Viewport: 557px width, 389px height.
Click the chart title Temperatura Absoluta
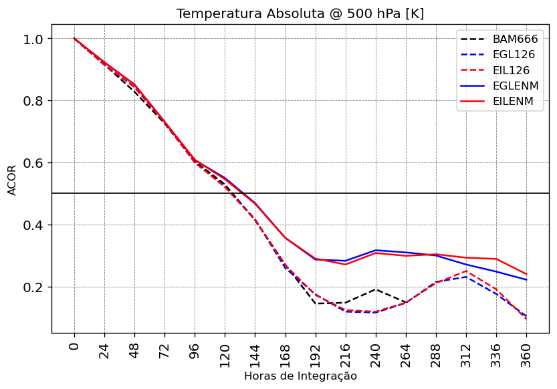[x=300, y=14]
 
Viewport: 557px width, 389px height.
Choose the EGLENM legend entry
[x=515, y=86]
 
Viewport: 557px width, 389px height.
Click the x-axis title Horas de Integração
[x=300, y=376]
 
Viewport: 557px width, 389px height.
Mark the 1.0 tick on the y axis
[x=33, y=39]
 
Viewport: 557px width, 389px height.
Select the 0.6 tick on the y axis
[x=33, y=163]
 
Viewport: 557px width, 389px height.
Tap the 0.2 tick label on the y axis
[x=33, y=287]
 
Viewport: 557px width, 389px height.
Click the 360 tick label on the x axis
[x=526, y=352]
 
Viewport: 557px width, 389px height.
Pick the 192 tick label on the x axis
[x=316, y=352]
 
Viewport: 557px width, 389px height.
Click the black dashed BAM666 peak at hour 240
[x=376, y=289]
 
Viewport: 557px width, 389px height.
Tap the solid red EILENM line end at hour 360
[x=526, y=274]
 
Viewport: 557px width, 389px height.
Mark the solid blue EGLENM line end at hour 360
[x=526, y=280]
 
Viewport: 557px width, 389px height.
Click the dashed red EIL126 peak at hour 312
[x=466, y=271]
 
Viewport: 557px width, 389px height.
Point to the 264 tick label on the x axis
[x=406, y=352]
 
